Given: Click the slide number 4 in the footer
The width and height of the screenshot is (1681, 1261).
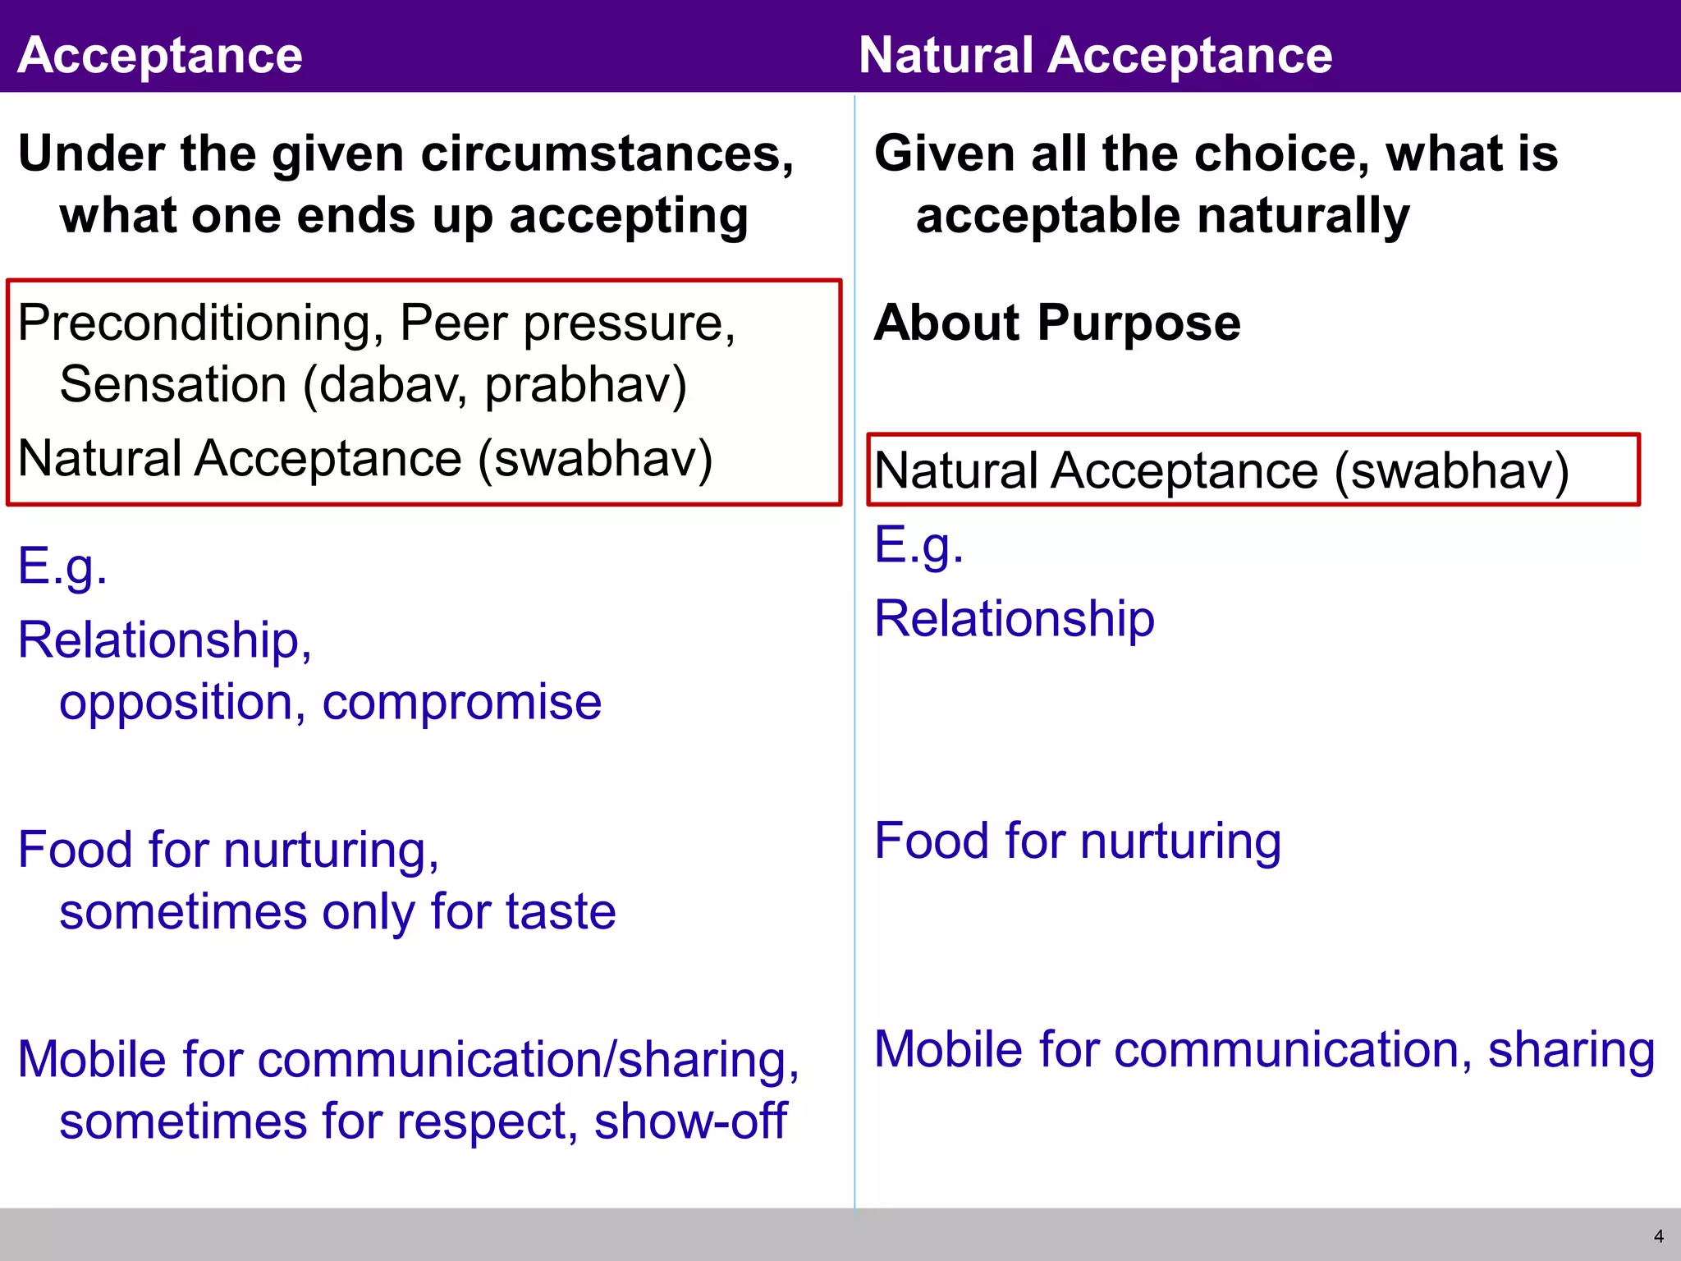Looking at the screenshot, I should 1658,1236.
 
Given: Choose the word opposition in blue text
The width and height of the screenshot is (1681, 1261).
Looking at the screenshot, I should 176,704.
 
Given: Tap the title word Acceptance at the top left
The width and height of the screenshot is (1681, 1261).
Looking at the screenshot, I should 160,56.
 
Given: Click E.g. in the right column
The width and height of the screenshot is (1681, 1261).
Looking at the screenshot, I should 918,545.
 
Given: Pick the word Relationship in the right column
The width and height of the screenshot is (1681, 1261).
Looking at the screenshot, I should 1014,619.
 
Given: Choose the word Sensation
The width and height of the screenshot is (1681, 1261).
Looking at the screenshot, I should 173,386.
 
